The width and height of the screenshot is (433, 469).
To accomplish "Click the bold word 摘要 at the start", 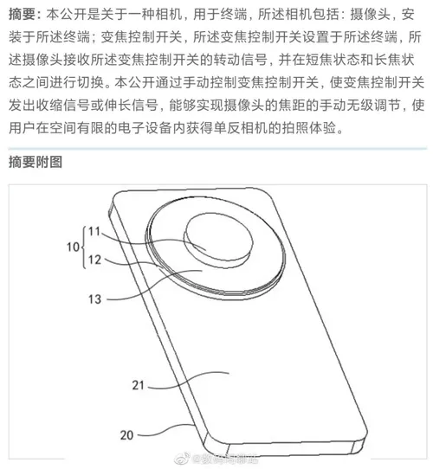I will click(x=22, y=15).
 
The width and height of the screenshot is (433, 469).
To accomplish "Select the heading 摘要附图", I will click(x=36, y=163).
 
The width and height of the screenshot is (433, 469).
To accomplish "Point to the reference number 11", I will click(x=94, y=231).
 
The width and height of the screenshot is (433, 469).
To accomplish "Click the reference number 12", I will click(x=94, y=259).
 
